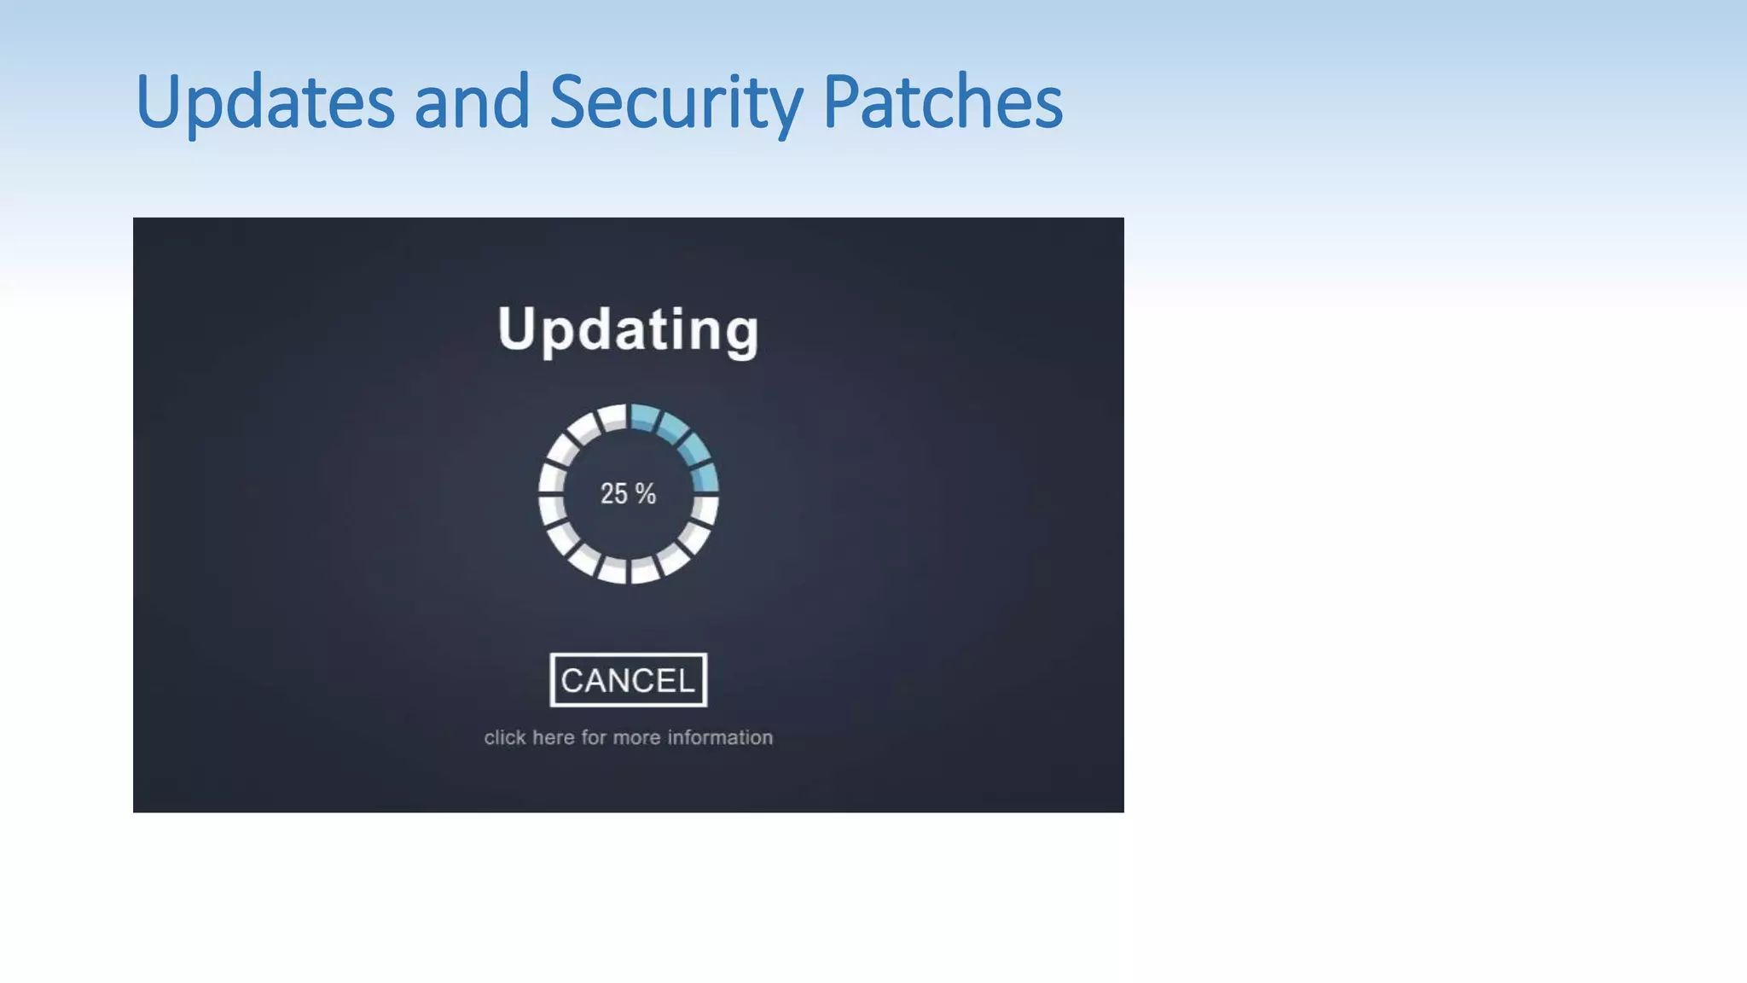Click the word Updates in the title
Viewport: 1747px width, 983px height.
pos(264,102)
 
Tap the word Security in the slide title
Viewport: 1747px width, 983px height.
pos(675,102)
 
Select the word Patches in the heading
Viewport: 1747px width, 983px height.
pos(942,102)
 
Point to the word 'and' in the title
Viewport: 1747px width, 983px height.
pos(472,102)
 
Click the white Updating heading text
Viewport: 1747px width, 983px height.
pos(628,329)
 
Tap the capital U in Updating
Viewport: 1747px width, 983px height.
pos(515,328)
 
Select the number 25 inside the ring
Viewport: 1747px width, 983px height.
pos(613,493)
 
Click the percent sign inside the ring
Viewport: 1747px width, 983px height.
pos(645,493)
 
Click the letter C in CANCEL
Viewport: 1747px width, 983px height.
pos(572,680)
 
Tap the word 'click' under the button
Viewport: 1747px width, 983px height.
pos(505,737)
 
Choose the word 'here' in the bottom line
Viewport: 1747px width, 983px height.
pos(553,737)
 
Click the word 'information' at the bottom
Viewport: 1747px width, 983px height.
pos(720,737)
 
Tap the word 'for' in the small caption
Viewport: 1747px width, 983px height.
pos(593,737)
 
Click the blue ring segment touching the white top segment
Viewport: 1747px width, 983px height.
pos(644,417)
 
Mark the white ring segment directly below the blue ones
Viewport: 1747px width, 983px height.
pos(705,509)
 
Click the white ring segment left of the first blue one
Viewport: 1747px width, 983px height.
pos(612,417)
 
